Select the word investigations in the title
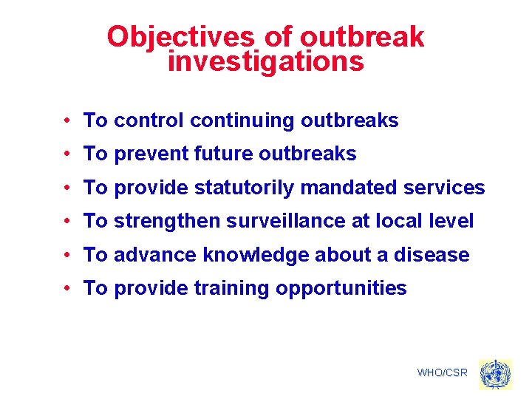[x=266, y=61]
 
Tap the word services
[x=444, y=188]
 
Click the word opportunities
[x=341, y=288]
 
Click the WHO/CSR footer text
[x=442, y=372]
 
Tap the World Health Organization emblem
[x=494, y=374]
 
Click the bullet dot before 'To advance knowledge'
[x=66, y=255]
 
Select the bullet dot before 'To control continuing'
[x=66, y=120]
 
